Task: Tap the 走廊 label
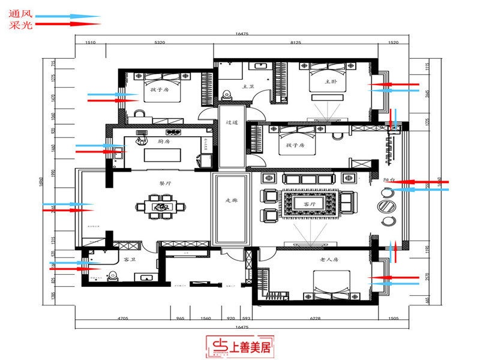pos(232,201)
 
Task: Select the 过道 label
pos(232,122)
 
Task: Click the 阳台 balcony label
pos(389,179)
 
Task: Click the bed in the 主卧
pos(328,84)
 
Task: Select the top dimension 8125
pos(295,43)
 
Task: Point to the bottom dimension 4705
pos(123,320)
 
